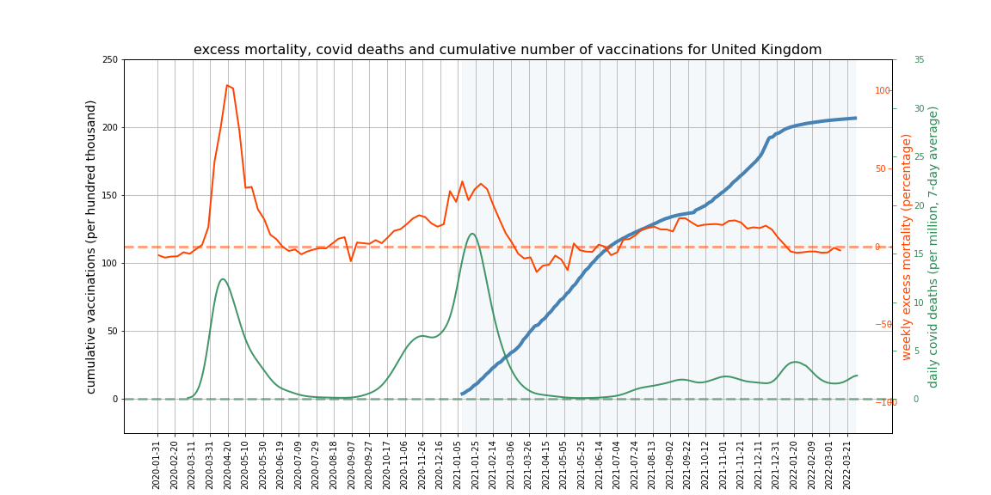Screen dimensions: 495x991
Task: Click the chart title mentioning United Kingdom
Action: tap(508, 50)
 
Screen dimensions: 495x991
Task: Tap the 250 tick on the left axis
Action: tap(109, 59)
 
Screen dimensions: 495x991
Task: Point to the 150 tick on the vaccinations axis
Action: tap(109, 195)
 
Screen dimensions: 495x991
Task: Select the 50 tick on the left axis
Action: tap(112, 331)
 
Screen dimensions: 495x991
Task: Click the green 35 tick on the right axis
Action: tap(919, 59)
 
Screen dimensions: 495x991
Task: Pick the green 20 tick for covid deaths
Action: tap(919, 205)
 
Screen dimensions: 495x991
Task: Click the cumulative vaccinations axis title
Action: tap(91, 247)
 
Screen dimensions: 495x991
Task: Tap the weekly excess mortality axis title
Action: tap(907, 247)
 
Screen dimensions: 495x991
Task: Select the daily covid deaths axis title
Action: tap(933, 247)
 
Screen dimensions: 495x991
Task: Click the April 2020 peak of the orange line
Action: tap(227, 85)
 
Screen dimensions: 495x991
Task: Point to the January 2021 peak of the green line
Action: tap(472, 234)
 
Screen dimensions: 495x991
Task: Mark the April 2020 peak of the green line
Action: tap(223, 278)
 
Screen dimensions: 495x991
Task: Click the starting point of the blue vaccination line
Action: tap(462, 394)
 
